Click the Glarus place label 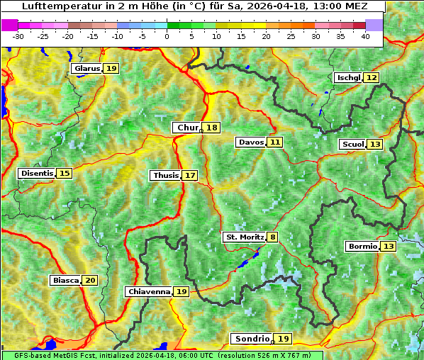[87, 69]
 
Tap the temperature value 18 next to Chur [212, 128]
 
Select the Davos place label [251, 142]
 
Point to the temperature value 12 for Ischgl [372, 77]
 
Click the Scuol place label [352, 145]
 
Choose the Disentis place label [37, 174]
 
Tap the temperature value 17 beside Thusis [190, 175]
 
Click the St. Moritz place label [244, 237]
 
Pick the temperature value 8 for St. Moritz [273, 237]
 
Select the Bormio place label [362, 247]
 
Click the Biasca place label [66, 281]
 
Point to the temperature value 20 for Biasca [90, 281]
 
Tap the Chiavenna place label [149, 291]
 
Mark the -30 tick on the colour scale [18, 35]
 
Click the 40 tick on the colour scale [365, 35]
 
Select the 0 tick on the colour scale [167, 35]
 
